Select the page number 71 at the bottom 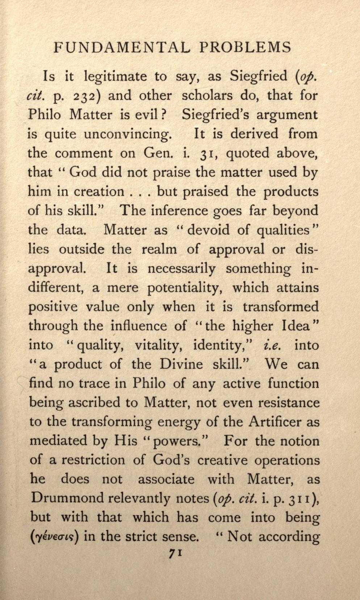pos(175,554)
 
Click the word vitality pos(159,345)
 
